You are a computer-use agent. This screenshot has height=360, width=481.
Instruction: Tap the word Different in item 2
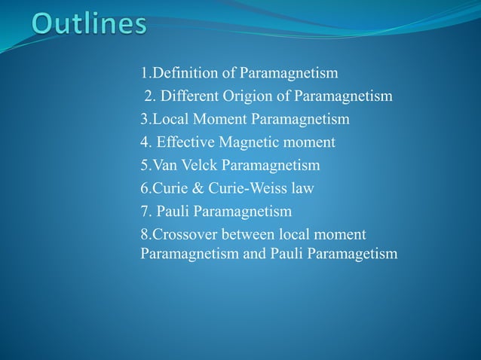coord(192,96)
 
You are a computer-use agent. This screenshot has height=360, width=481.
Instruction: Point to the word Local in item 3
coord(170,119)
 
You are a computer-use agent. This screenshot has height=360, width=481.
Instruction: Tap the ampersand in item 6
coord(195,188)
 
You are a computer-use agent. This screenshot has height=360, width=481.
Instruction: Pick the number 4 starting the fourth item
coord(144,142)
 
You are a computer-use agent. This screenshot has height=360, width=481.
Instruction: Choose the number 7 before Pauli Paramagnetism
coord(144,210)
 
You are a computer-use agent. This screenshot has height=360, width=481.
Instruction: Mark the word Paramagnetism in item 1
coord(289,73)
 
